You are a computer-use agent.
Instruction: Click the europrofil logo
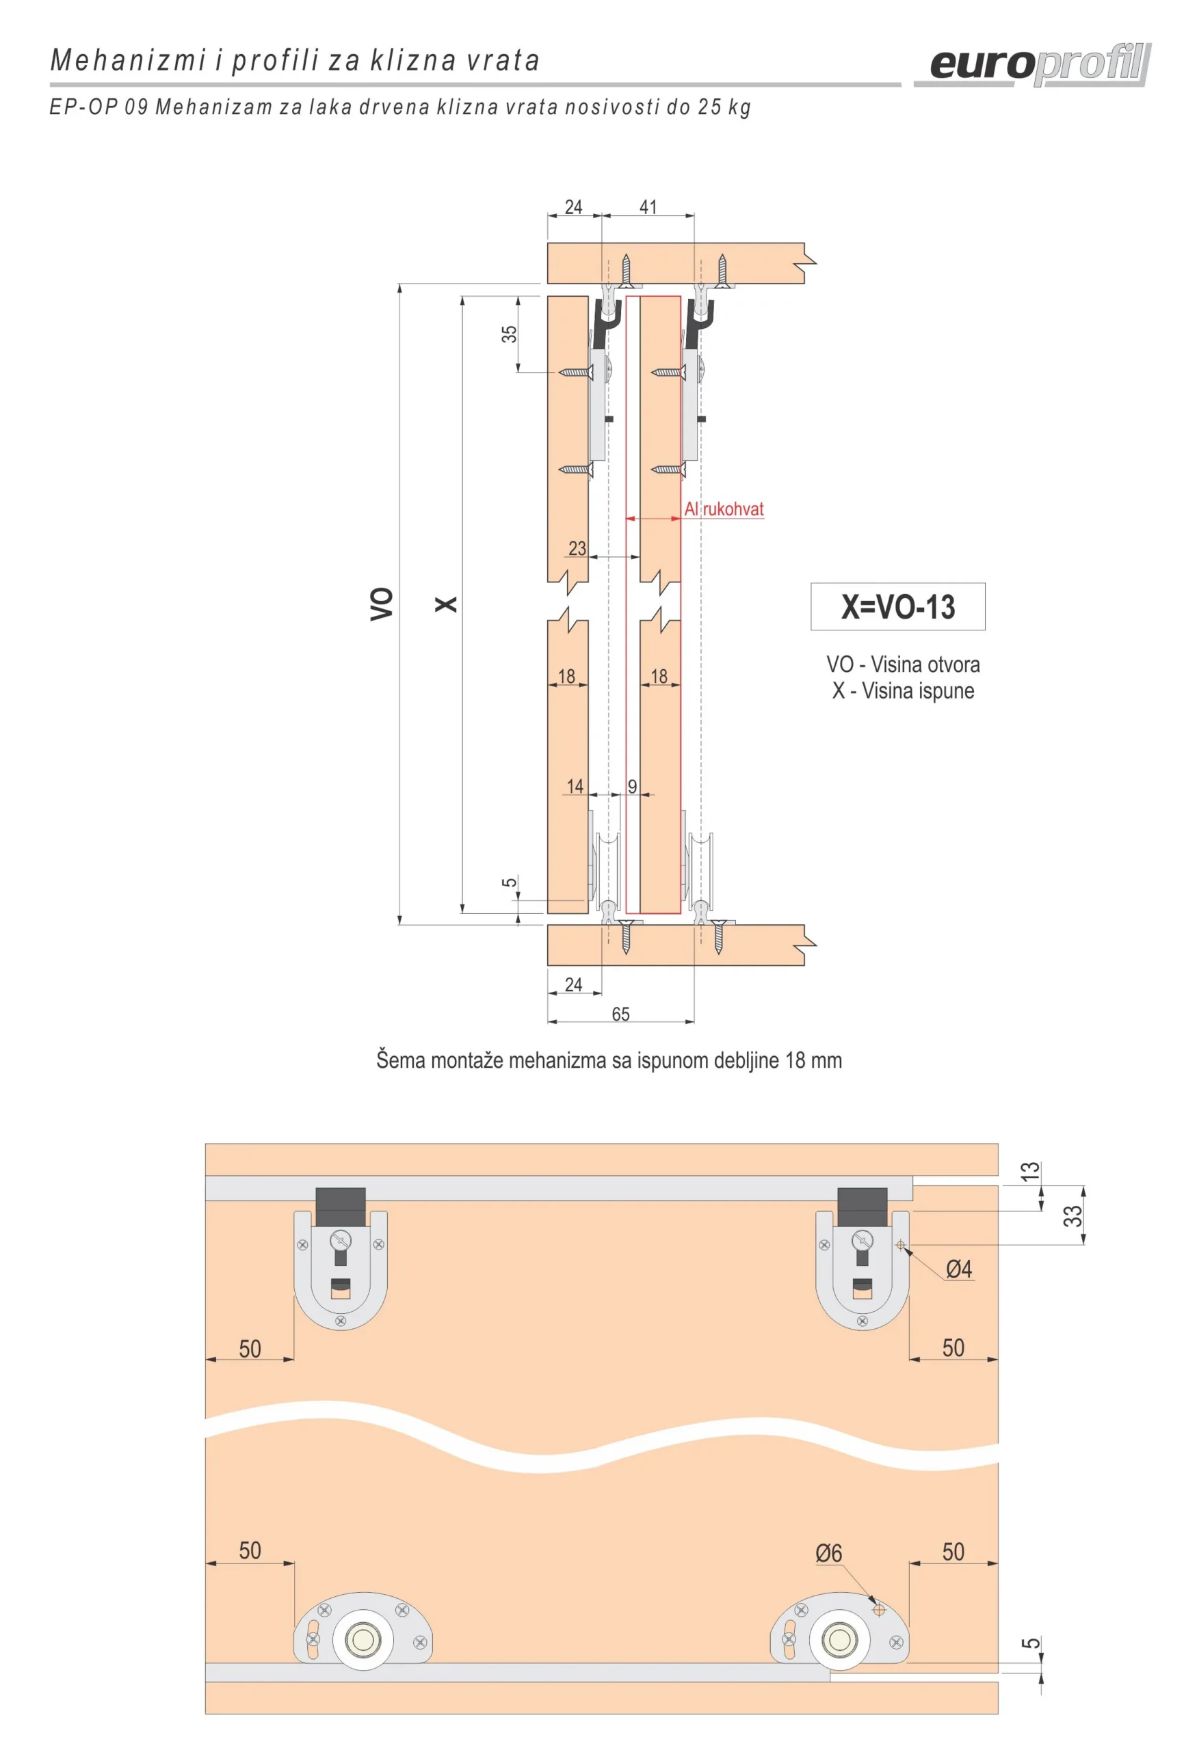[1040, 65]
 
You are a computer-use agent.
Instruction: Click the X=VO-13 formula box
[897, 606]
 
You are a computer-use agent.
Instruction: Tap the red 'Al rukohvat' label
[723, 509]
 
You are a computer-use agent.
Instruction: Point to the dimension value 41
[648, 207]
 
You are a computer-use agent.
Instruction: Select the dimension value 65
[620, 1014]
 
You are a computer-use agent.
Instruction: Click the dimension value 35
[509, 334]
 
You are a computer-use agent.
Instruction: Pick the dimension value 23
[577, 548]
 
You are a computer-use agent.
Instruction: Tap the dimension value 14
[575, 786]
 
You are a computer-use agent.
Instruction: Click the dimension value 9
[632, 786]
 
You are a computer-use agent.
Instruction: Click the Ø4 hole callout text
[958, 1269]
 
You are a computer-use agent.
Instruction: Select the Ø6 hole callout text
[828, 1552]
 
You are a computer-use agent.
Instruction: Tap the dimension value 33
[1072, 1215]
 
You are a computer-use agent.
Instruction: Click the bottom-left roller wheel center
[363, 1640]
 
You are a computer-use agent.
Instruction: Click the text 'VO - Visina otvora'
[902, 664]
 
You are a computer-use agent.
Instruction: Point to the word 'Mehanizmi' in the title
[128, 60]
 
